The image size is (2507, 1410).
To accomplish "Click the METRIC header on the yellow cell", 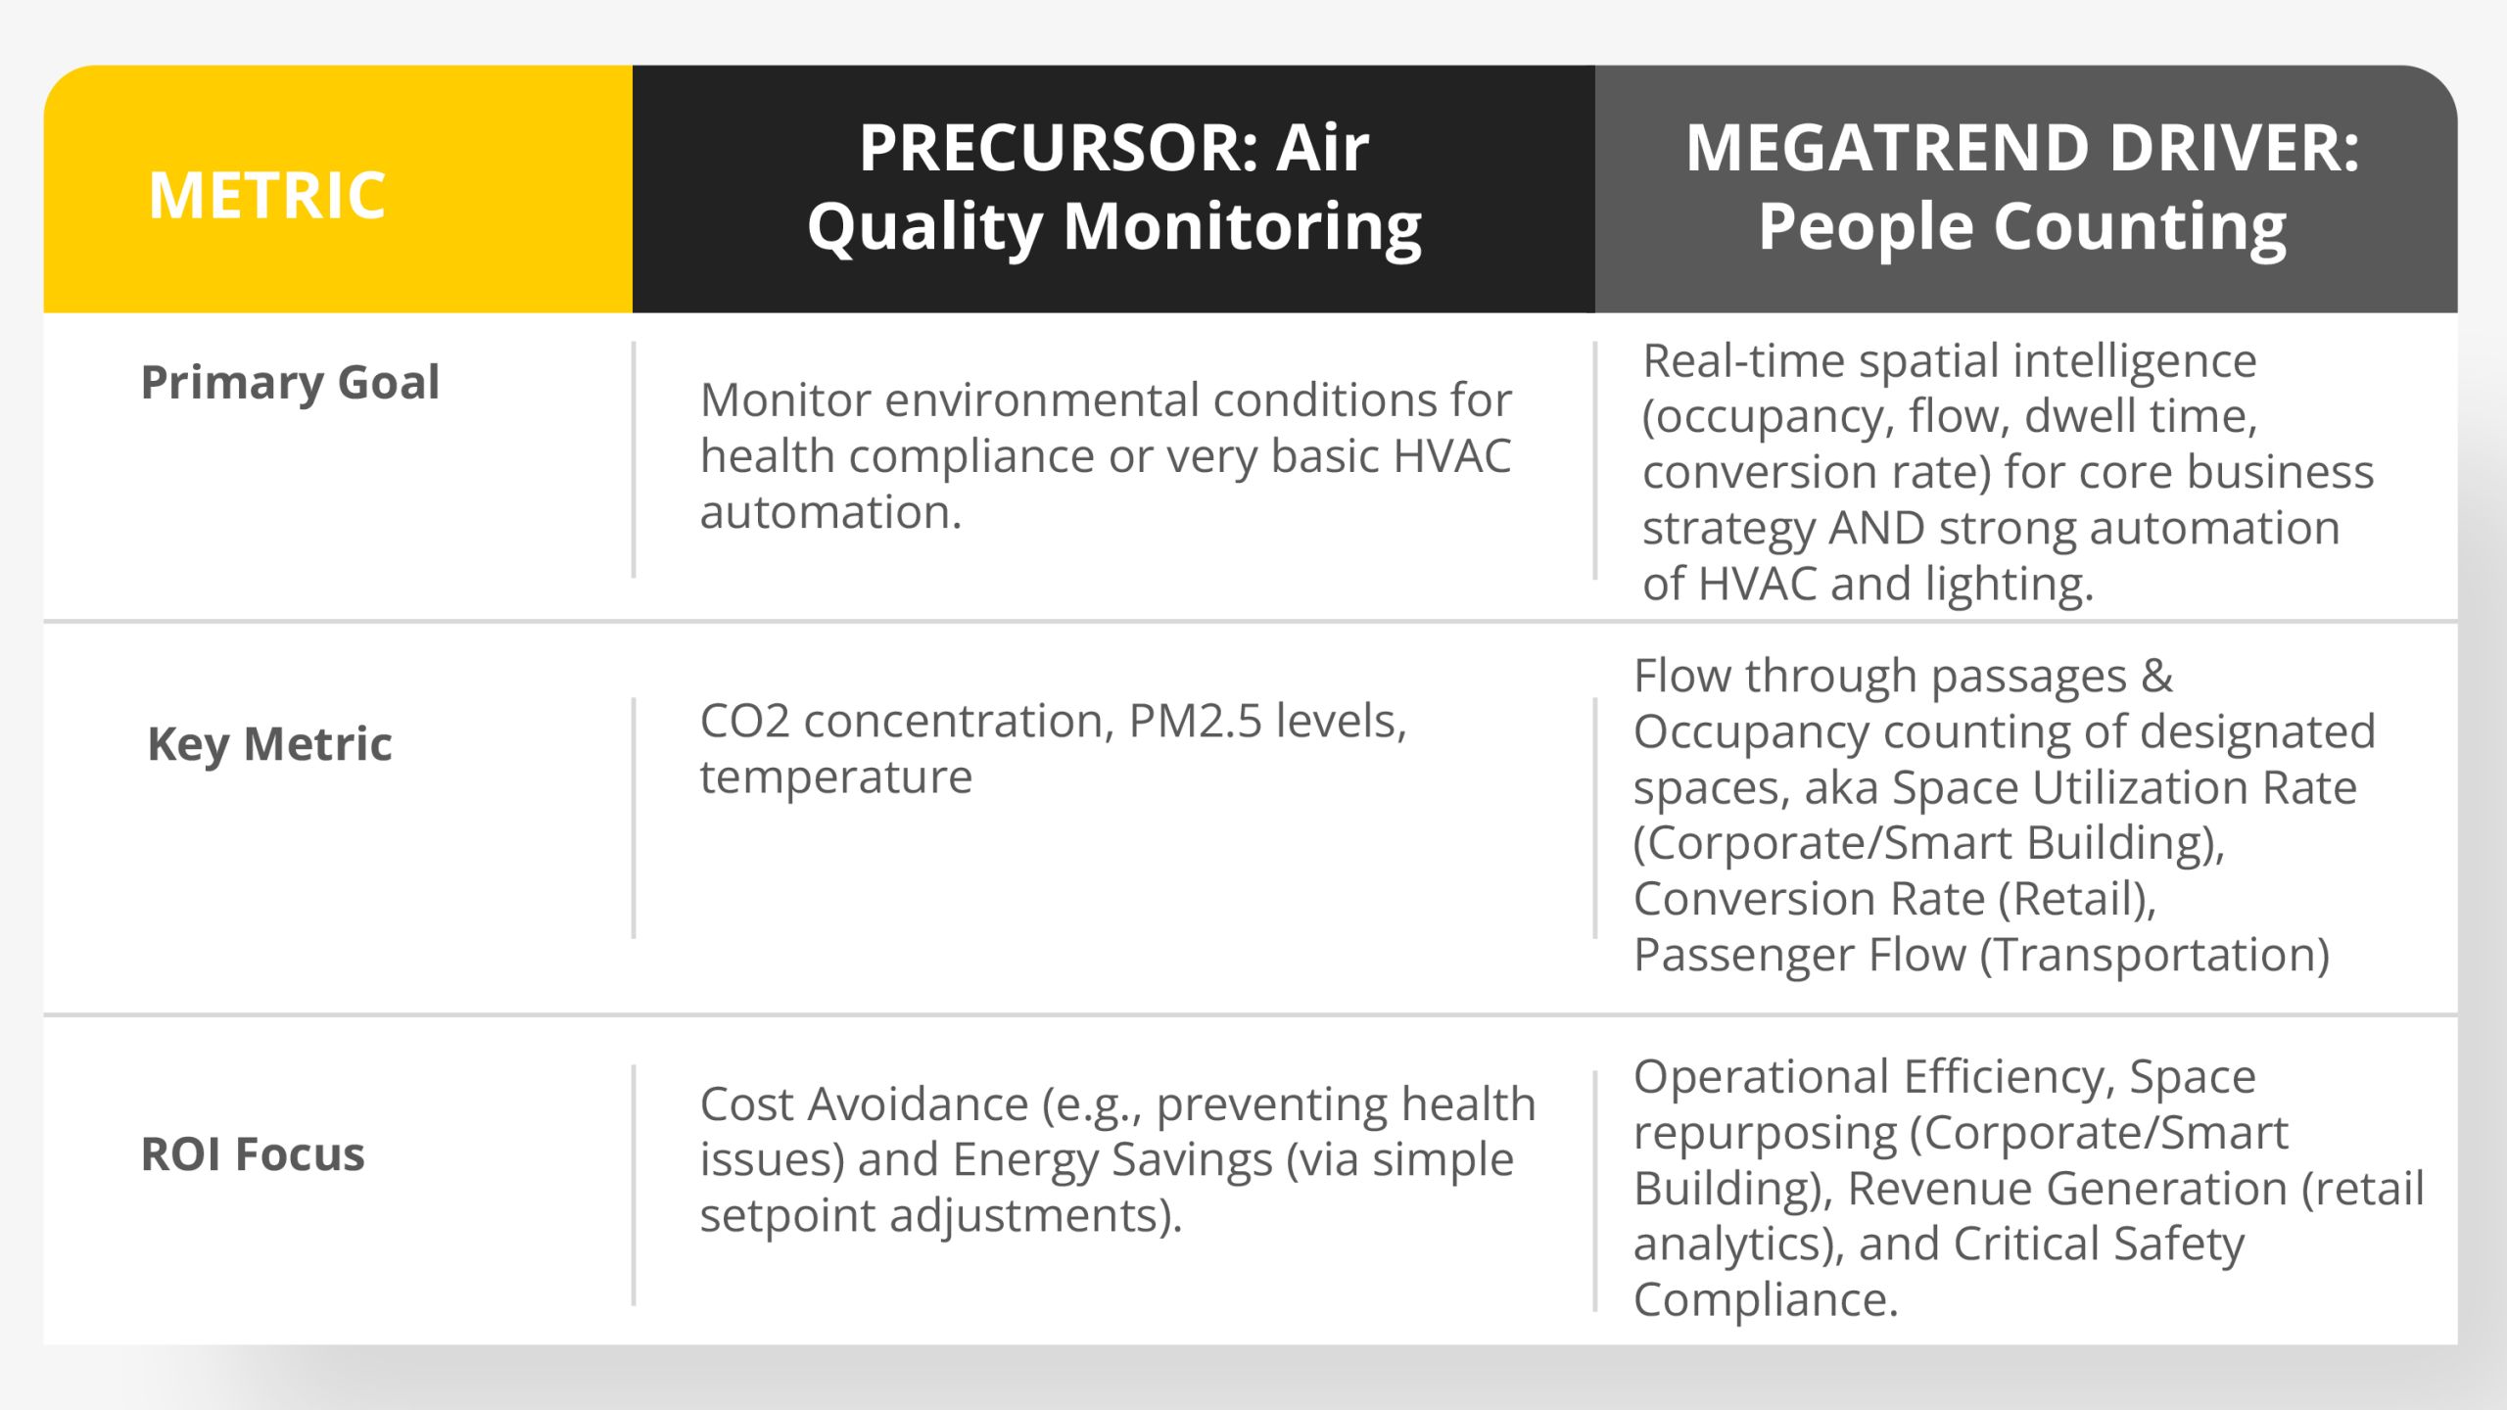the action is tap(267, 195).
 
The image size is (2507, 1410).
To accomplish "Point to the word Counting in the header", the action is tap(2140, 227).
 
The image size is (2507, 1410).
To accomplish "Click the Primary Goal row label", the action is tap(290, 382).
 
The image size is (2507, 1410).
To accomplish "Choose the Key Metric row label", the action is tap(269, 744).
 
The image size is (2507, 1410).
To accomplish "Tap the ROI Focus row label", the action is tap(253, 1153).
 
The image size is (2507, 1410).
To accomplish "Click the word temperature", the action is tap(836, 777).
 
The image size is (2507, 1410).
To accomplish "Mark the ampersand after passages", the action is tap(2156, 676).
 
